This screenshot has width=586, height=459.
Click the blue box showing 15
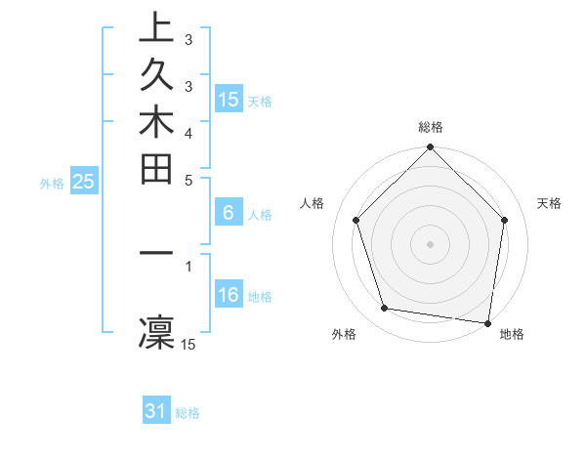pos(229,99)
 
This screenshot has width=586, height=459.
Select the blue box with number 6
pos(229,213)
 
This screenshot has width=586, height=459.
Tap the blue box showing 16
pos(229,295)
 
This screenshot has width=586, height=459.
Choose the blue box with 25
pos(84,181)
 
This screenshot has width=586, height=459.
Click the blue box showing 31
pos(156,411)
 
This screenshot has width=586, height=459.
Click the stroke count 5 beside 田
pos(188,180)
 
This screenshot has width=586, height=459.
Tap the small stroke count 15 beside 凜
pos(188,344)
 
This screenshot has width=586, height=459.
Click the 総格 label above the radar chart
pos(430,127)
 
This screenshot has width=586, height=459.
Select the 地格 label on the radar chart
pos(512,334)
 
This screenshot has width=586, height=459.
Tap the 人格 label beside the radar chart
pos(313,203)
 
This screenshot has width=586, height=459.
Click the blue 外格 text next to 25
pos(52,182)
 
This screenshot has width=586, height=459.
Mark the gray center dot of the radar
pos(430,243)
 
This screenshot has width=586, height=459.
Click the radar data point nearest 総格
pos(430,149)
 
